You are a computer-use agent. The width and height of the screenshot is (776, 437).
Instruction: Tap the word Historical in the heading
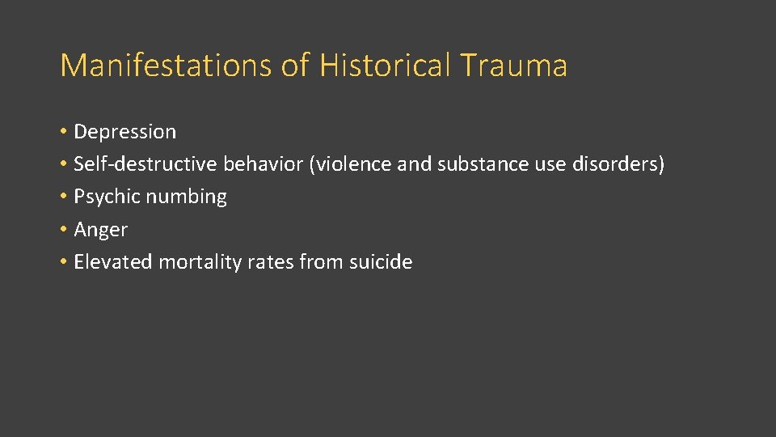[386, 66]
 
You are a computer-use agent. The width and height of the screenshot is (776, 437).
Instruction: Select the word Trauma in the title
[515, 66]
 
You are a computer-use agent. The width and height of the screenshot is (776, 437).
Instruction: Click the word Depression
[124, 131]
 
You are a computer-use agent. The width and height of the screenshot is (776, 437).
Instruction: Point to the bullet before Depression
[63, 132]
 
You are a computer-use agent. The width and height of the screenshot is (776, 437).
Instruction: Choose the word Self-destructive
[145, 164]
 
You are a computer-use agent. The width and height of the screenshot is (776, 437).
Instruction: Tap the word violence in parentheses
[352, 164]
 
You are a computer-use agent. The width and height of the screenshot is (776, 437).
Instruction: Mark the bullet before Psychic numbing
[63, 197]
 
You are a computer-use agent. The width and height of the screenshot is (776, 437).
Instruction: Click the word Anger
[100, 230]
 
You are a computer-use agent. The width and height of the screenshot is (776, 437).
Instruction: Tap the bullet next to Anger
[63, 230]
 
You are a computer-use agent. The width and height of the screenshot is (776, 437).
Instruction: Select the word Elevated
[113, 261]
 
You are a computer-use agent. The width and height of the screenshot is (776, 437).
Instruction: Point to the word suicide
[380, 261]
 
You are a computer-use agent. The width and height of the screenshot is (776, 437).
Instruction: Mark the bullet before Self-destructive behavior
[63, 165]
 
